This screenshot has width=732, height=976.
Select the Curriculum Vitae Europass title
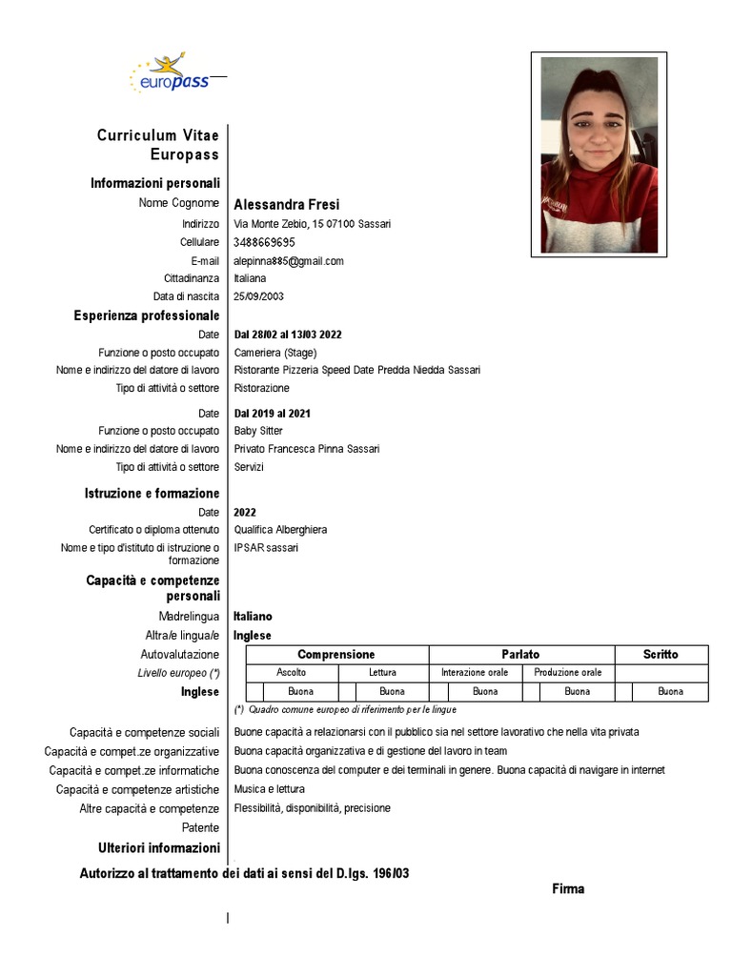click(158, 145)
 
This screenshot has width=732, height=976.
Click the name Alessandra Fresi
click(286, 204)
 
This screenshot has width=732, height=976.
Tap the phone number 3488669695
click(264, 242)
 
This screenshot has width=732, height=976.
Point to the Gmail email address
click(289, 260)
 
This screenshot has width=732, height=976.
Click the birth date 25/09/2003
click(258, 296)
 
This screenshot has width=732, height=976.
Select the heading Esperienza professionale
click(147, 315)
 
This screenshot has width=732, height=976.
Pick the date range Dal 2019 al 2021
click(272, 414)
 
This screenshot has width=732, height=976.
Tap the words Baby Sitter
click(258, 431)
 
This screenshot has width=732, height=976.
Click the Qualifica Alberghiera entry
click(280, 530)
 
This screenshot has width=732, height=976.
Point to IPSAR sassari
click(266, 548)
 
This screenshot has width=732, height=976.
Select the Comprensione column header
click(336, 655)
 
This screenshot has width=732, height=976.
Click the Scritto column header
click(661, 655)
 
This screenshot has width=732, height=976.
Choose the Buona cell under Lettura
click(392, 691)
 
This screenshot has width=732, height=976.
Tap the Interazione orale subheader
click(475, 673)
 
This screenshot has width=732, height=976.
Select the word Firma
click(568, 889)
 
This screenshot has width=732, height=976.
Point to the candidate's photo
click(599, 155)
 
